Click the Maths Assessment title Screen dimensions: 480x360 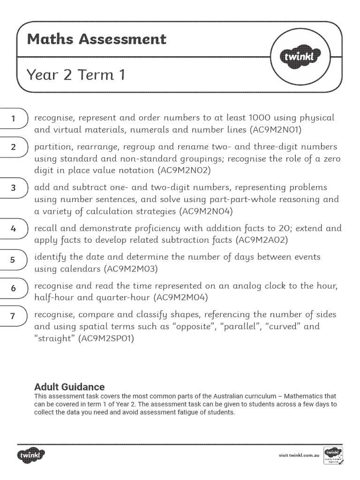97,39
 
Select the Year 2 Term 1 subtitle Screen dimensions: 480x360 76,75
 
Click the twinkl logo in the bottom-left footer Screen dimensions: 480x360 32,454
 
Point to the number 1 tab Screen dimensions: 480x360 14,119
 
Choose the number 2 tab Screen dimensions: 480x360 14,147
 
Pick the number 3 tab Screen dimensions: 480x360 14,188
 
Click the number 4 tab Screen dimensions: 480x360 14,229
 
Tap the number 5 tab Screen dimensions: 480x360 14,259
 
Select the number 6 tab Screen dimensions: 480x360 14,288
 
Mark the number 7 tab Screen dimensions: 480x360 14,316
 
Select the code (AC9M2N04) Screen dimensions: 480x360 206,211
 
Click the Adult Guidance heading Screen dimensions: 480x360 69,387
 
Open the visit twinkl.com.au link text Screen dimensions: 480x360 299,455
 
